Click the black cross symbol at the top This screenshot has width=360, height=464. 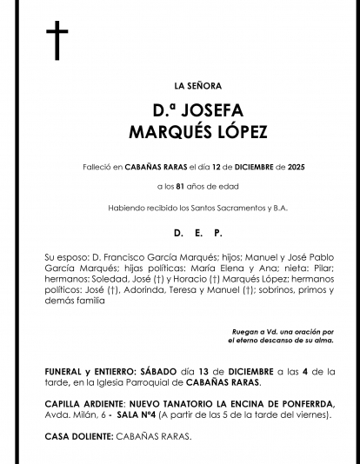point(57,41)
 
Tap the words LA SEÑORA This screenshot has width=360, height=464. point(198,85)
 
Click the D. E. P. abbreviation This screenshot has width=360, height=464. point(197,233)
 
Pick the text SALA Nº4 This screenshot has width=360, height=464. point(123,414)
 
